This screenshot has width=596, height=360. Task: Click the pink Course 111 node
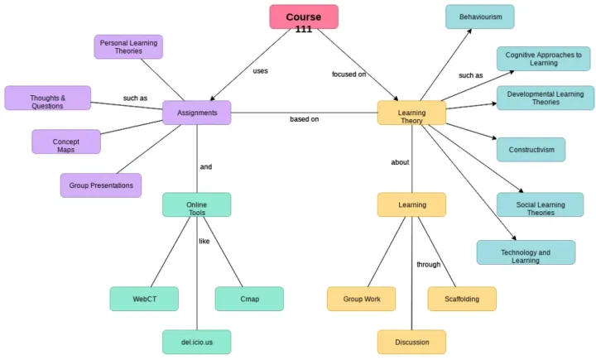(304, 17)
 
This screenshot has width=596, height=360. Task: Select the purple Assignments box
(197, 113)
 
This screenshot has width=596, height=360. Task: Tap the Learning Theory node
(411, 113)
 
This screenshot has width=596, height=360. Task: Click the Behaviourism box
(479, 17)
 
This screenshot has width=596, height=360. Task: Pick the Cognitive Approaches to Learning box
(544, 59)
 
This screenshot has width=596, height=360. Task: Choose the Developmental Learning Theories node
(545, 98)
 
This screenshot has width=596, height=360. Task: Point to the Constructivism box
(531, 149)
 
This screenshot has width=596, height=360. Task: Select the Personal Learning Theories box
(128, 46)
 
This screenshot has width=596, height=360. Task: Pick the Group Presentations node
(101, 185)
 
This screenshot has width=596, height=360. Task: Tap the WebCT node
(144, 299)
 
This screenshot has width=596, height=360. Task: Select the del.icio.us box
(197, 341)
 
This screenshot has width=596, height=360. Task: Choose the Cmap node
(249, 299)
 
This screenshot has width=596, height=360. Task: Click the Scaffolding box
(462, 299)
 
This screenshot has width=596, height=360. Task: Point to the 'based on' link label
(304, 119)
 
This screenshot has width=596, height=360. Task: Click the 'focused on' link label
(349, 74)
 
